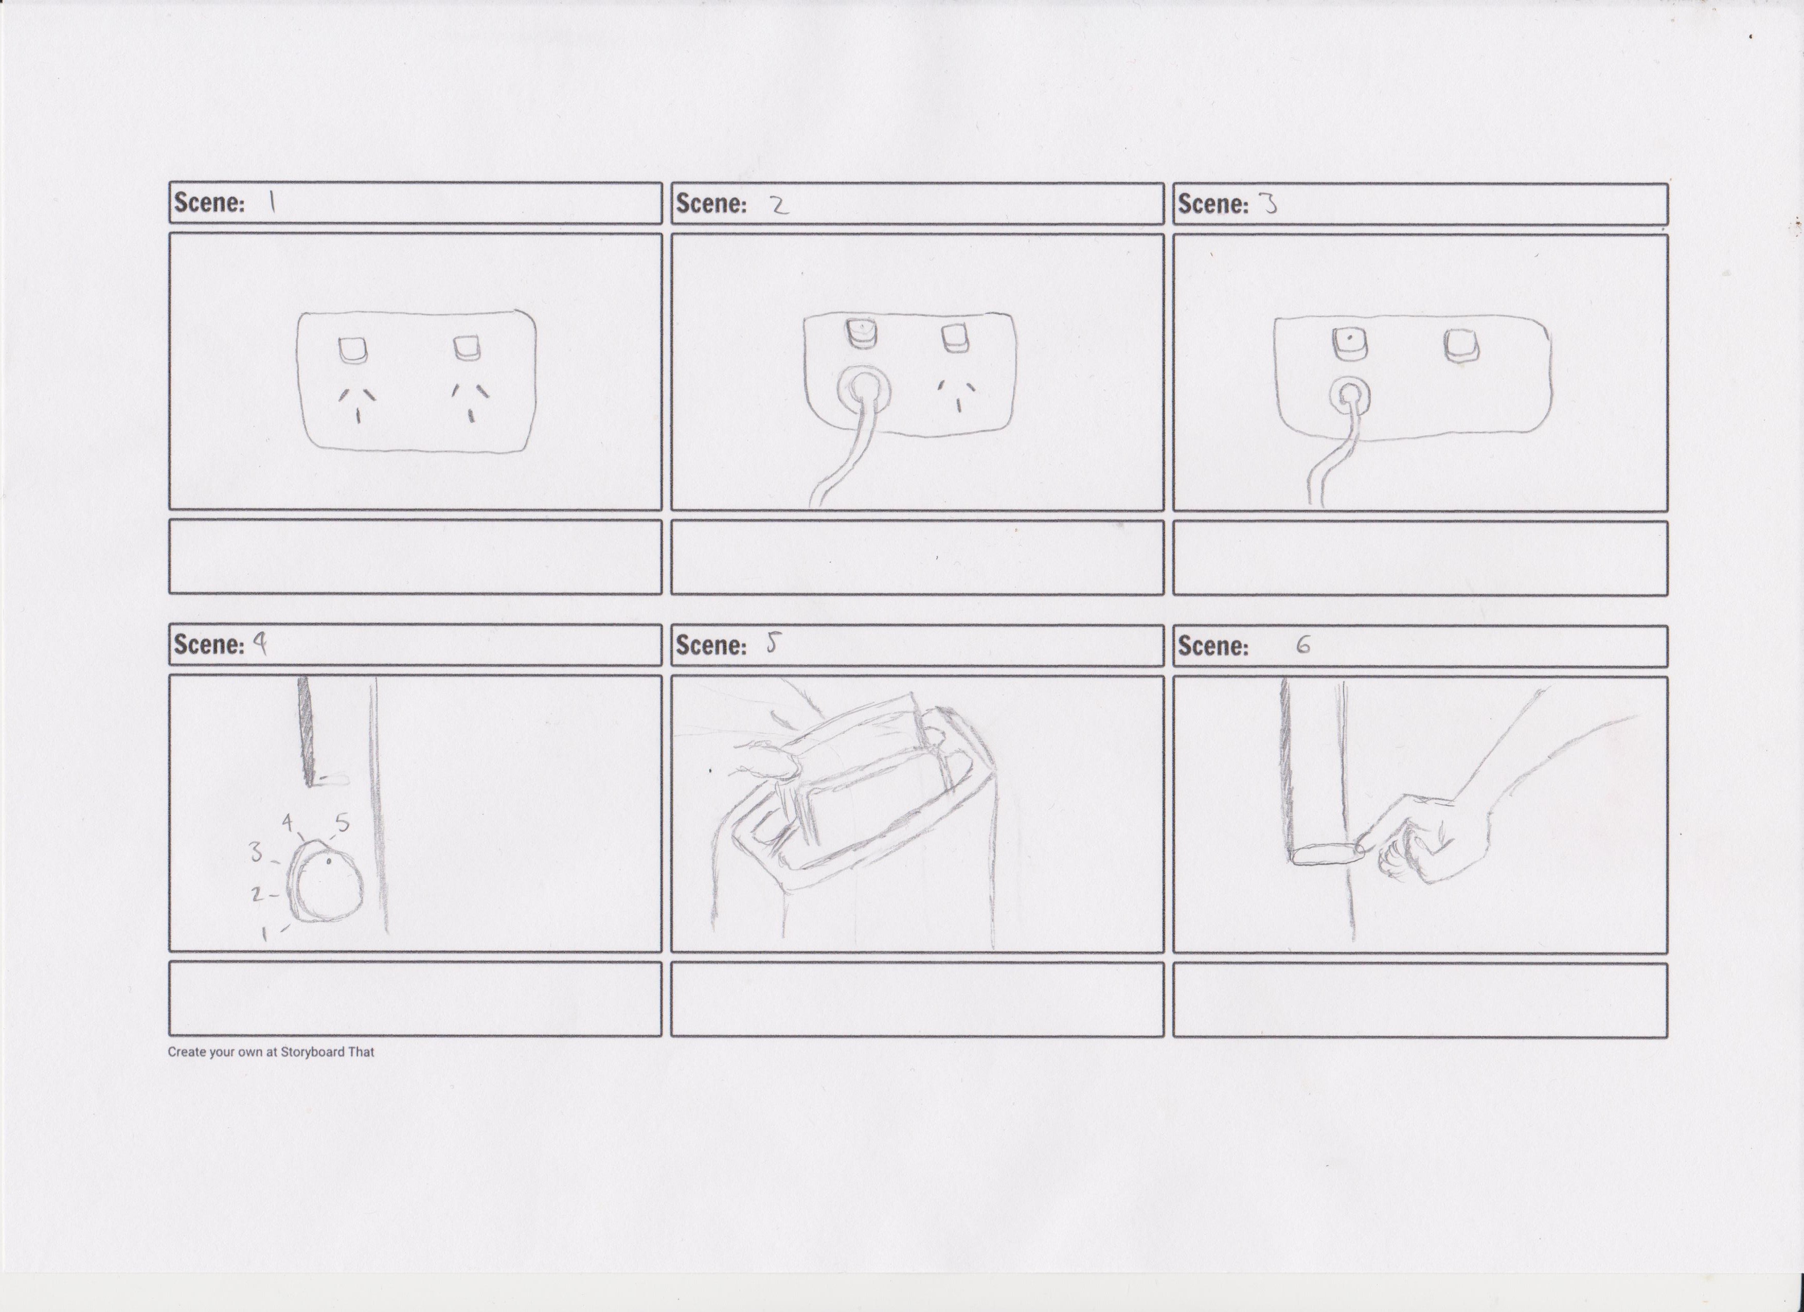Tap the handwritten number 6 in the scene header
click(1303, 645)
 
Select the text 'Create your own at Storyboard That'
click(271, 1052)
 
